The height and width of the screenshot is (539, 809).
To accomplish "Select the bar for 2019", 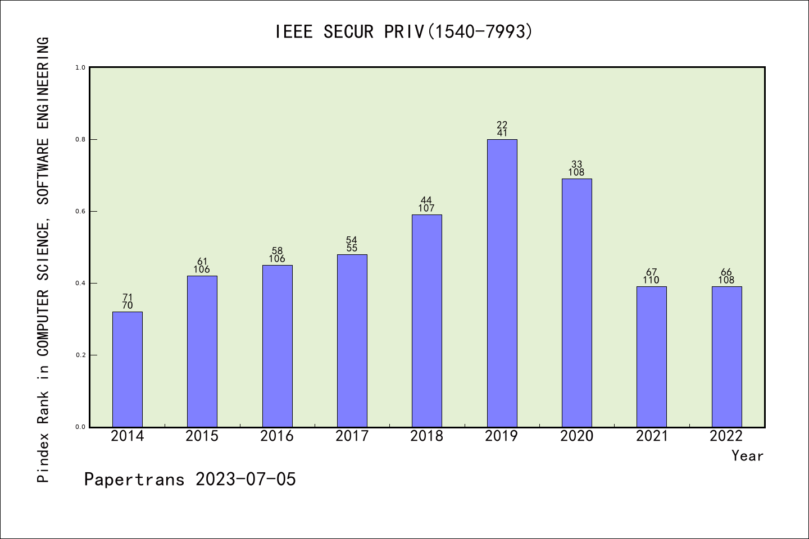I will pos(502,283).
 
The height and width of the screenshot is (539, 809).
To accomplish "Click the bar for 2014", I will pos(128,369).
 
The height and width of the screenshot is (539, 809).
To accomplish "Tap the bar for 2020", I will pos(576,303).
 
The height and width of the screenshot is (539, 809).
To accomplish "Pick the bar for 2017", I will pos(352,341).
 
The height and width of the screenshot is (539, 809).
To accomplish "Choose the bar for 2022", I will pos(726,357).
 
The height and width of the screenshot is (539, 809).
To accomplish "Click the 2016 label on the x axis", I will pos(277,436).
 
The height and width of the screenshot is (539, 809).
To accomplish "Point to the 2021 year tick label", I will pos(652,436).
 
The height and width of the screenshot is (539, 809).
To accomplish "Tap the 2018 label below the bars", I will pos(426,436).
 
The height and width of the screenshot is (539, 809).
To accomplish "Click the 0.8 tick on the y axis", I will pos(80,139).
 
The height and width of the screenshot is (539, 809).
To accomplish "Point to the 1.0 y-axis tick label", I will pos(80,67).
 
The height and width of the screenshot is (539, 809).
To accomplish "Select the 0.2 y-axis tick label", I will pos(80,355).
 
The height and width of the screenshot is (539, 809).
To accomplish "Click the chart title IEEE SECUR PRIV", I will pos(403,32).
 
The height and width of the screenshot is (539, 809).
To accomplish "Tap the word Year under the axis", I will pos(747,456).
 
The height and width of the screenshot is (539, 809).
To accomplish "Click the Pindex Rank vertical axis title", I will pos(43,259).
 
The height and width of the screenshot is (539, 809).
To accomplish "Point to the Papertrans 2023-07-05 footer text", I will pos(190,479).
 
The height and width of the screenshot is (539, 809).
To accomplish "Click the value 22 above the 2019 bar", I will pos(502,125).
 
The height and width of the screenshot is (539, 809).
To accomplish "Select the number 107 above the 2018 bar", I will pos(426,208).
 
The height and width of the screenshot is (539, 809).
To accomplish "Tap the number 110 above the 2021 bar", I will pos(652,280).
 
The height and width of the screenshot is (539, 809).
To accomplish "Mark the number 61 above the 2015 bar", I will pos(202,262).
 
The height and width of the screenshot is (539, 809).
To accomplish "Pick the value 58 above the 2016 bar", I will pos(277,251).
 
